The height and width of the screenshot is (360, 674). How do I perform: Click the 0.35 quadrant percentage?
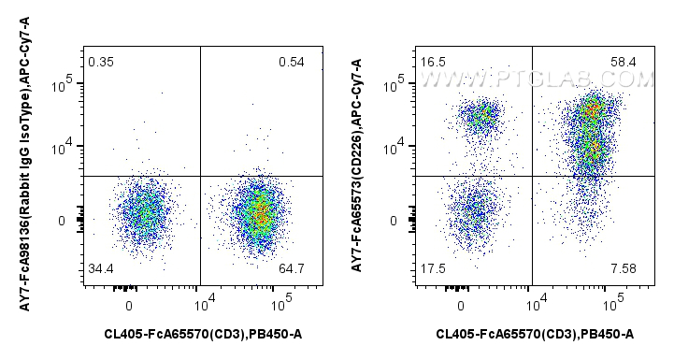point(100,63)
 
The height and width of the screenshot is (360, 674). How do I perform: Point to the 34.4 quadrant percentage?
point(101,270)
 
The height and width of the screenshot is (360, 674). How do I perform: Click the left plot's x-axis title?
point(203,334)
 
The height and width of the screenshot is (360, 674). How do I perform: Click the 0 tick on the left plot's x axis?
point(129,305)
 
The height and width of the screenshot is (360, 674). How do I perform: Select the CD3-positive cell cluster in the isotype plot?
point(259,213)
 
